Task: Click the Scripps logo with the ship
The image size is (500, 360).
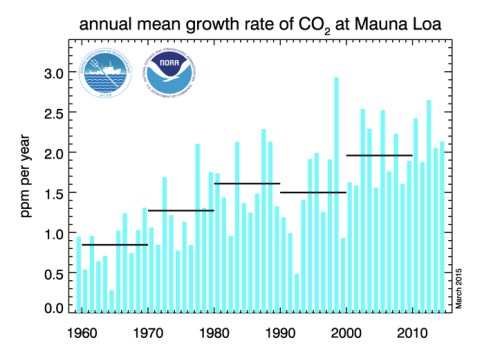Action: (x=109, y=75)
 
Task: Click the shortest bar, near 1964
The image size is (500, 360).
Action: (x=112, y=302)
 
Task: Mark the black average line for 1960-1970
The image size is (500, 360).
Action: (x=114, y=245)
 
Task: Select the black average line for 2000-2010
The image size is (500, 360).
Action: (x=379, y=155)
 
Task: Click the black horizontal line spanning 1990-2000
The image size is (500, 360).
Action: (x=313, y=192)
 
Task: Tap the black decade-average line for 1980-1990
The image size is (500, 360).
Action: (x=247, y=183)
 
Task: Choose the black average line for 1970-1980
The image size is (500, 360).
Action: (x=181, y=210)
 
